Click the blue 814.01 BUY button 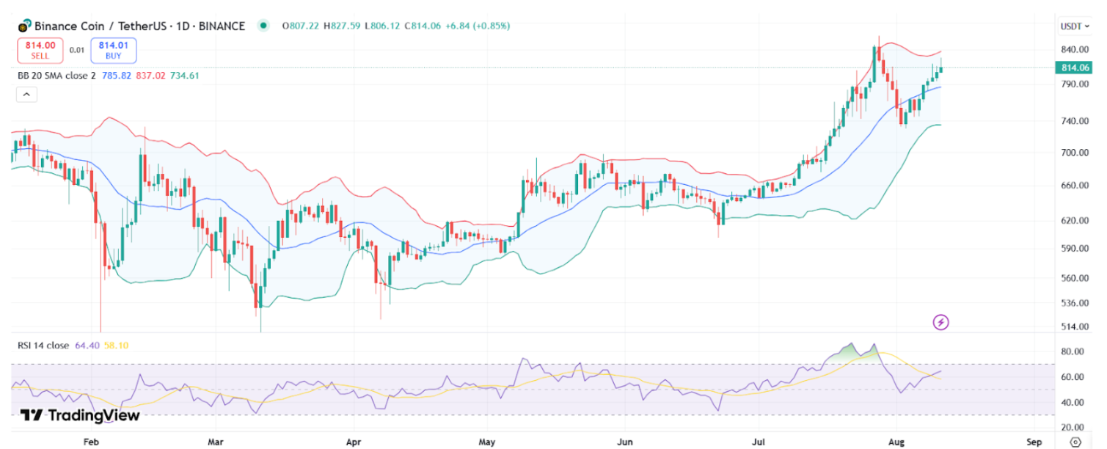[113, 50]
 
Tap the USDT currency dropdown [1075, 26]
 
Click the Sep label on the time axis [1034, 442]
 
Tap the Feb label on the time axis [91, 442]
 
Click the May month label [486, 442]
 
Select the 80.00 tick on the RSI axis [1073, 352]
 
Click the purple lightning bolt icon [940, 322]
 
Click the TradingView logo [80, 415]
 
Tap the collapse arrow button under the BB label [26, 94]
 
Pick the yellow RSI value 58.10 [116, 345]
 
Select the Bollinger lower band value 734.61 [184, 75]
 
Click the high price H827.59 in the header [341, 26]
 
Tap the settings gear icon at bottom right [1075, 442]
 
